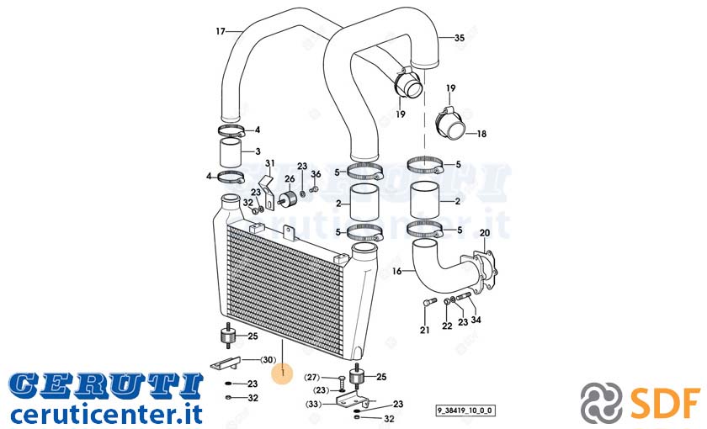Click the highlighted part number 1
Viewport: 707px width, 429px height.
(x=283, y=373)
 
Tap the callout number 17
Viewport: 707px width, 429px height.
(x=221, y=31)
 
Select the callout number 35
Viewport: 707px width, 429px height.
(x=459, y=38)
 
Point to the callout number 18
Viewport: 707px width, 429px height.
(x=481, y=134)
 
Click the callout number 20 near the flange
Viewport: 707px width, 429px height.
(x=485, y=233)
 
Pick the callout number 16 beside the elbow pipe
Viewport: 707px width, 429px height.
(x=396, y=271)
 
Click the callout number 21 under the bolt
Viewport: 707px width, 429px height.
(x=425, y=331)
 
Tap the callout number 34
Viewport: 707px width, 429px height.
(x=476, y=320)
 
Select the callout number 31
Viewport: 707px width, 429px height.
(x=269, y=162)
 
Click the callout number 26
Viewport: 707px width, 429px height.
(x=290, y=179)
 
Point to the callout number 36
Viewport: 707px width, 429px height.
(x=316, y=174)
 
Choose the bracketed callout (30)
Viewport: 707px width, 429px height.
(x=268, y=360)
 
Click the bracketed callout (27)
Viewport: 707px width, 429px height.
(x=312, y=378)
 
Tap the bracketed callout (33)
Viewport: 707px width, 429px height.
(x=313, y=405)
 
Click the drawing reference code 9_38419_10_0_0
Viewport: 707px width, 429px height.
(x=465, y=410)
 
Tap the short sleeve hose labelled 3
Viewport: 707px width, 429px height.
(x=231, y=153)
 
